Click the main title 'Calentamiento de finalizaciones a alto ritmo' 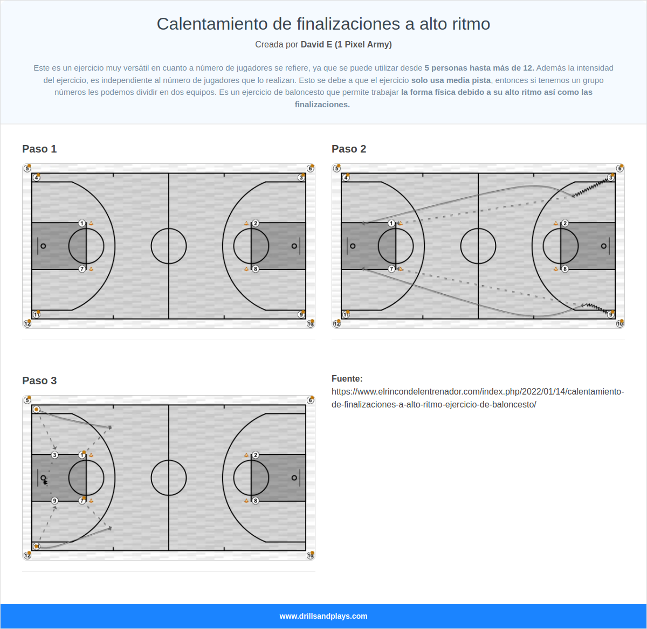(323, 24)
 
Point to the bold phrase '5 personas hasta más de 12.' (479, 68)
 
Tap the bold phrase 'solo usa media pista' (451, 80)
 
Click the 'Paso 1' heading (39, 149)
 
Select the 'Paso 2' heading (349, 149)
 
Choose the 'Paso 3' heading (39, 381)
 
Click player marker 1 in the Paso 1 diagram (82, 223)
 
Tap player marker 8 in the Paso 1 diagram (256, 269)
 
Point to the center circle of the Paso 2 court (478, 246)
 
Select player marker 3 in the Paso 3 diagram (54, 455)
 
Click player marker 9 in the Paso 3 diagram (54, 501)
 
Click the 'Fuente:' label (347, 379)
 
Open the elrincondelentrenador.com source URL (478, 398)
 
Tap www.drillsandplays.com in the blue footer (323, 616)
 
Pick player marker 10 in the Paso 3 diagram (311, 555)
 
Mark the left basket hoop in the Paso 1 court (43, 246)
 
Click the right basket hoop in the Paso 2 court (604, 246)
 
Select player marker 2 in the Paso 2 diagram (565, 223)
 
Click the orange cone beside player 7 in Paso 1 (91, 268)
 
